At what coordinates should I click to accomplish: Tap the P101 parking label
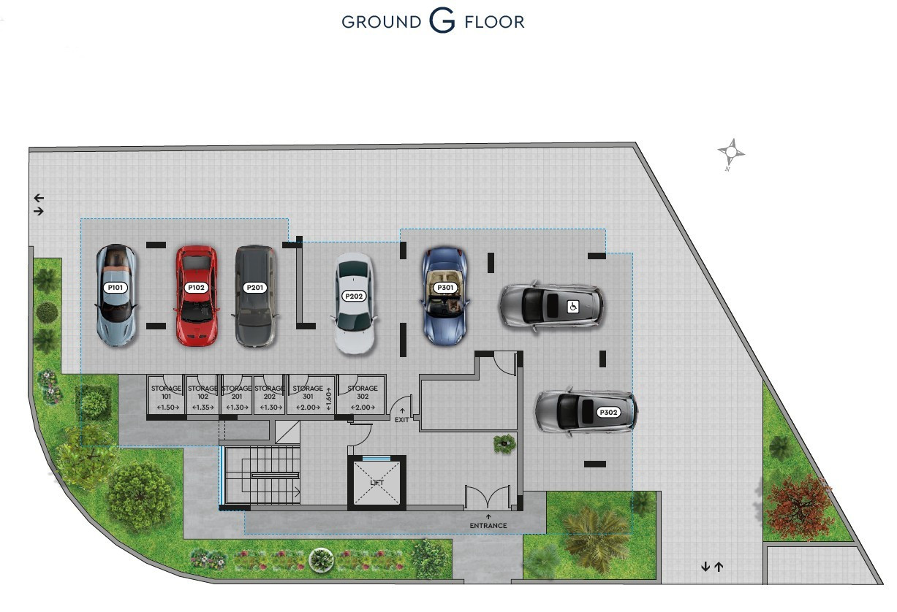tap(116, 288)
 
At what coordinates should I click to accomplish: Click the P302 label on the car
tap(608, 412)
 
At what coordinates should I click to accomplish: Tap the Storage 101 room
tap(165, 394)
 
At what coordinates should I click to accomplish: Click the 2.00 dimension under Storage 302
tap(363, 408)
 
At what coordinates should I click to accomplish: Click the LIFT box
tap(376, 482)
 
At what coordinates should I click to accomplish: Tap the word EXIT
tap(402, 421)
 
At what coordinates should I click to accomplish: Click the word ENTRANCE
tap(488, 525)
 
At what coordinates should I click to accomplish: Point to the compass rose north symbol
tap(730, 153)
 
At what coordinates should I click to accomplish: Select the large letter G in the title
tap(442, 22)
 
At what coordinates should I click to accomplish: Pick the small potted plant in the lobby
tap(504, 443)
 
